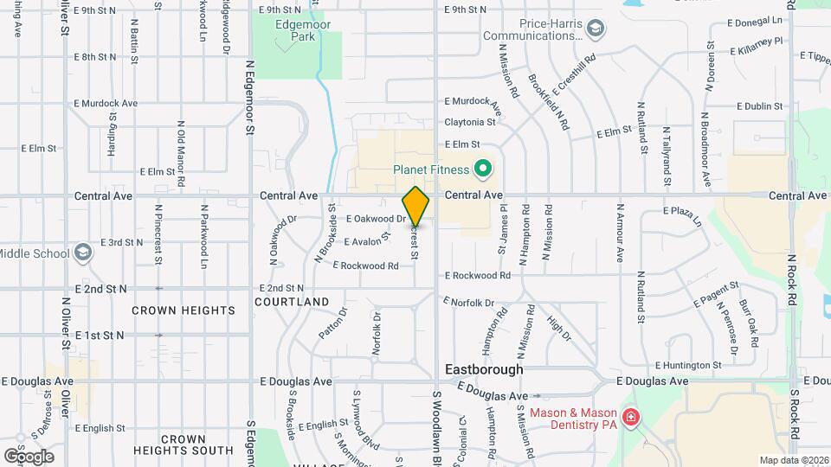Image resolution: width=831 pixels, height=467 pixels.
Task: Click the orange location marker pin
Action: coord(416,206)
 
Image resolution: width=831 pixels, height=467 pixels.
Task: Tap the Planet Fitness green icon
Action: coord(483,169)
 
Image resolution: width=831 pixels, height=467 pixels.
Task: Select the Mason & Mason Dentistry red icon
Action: coord(631,419)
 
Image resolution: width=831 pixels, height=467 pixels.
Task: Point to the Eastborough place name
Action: coord(484,369)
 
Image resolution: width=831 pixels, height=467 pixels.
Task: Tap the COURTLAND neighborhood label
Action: coord(292,302)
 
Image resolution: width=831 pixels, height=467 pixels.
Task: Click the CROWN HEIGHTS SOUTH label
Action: coord(183,445)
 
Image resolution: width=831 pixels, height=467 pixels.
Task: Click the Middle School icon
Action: coord(83,253)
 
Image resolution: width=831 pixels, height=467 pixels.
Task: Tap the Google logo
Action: coord(29,456)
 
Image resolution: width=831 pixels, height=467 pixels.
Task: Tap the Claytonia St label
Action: coord(470,123)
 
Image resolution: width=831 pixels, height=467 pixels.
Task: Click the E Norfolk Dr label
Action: coord(468,303)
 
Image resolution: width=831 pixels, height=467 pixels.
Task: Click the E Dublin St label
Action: coord(759,106)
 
